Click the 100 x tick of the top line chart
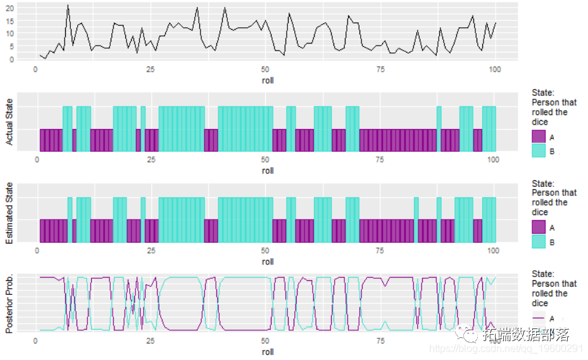pyautogui.click(x=494, y=69)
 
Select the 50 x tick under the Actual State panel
pyautogui.click(x=266, y=160)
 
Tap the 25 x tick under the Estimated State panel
pyautogui.click(x=151, y=251)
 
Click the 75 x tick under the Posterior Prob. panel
pyautogui.click(x=380, y=341)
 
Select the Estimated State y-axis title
pyautogui.click(x=9, y=213)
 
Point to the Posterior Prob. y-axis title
pyautogui.click(x=9, y=304)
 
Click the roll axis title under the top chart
pyautogui.click(x=268, y=80)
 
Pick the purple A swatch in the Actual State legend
pyautogui.click(x=539, y=136)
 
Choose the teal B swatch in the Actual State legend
pyautogui.click(x=539, y=151)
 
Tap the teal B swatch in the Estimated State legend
pyautogui.click(x=539, y=242)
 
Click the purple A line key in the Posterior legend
pyautogui.click(x=539, y=318)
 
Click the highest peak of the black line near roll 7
pyautogui.click(x=68, y=5)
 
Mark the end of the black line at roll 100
pyautogui.click(x=496, y=23)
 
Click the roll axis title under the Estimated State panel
pyautogui.click(x=268, y=261)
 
